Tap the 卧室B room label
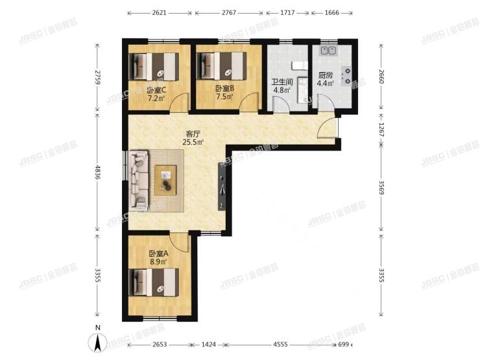pos(224,88)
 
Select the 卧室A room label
pos(158,254)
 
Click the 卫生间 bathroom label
pos(282,82)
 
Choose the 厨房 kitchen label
pos(326,75)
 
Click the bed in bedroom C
pos(156,65)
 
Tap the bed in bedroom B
pos(222,64)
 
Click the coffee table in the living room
pos(167,180)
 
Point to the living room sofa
pos(139,179)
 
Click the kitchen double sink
pos(328,49)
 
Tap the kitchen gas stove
pos(348,76)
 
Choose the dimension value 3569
pos(380,189)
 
